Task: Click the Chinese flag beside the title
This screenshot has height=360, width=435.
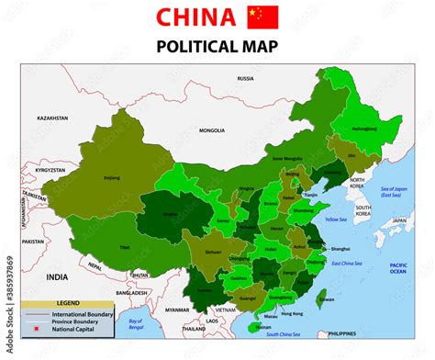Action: click(262, 17)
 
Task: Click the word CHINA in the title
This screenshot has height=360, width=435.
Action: click(196, 17)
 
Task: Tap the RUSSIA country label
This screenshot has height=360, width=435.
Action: click(245, 78)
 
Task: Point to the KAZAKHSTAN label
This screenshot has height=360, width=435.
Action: click(53, 118)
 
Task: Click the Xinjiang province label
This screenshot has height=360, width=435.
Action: click(112, 177)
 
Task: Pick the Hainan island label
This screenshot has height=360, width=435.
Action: click(263, 326)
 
